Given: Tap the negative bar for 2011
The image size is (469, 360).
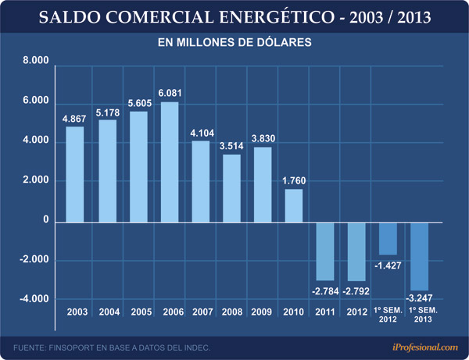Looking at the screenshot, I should (325, 251).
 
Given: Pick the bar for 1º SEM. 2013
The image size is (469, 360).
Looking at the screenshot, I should (420, 255).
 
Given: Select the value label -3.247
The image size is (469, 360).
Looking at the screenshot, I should (420, 298).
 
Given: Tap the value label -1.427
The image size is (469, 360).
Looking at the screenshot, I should (388, 266).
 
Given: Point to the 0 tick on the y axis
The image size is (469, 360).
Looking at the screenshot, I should (46, 221).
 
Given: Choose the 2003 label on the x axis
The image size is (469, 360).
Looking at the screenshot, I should (75, 312).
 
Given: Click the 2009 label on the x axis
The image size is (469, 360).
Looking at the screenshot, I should (262, 312).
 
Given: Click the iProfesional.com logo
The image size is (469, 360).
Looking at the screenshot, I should (420, 347).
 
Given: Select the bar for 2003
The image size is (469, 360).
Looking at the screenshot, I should (75, 173).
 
